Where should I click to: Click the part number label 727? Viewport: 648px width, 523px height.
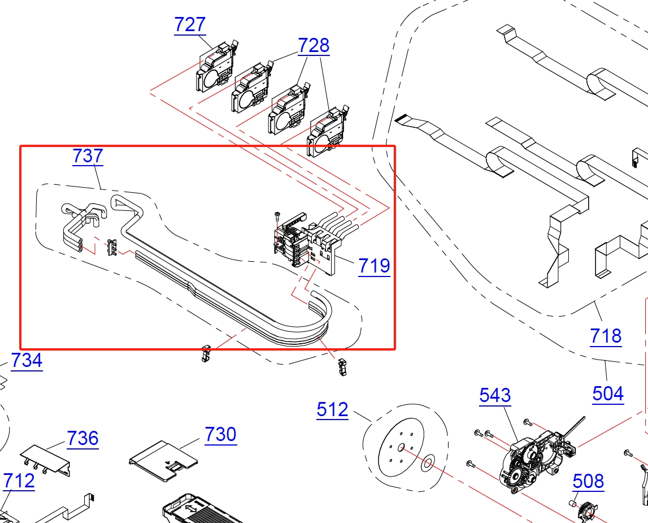point(190,25)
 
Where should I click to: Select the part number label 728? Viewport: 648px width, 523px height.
point(314,45)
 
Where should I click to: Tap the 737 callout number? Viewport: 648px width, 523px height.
point(88,156)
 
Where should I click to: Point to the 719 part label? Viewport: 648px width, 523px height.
point(374,266)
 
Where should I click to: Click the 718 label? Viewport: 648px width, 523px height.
point(606,336)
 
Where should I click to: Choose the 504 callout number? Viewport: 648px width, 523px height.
point(608,394)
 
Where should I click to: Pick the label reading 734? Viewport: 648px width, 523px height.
point(27,360)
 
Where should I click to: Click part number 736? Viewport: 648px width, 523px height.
point(82,438)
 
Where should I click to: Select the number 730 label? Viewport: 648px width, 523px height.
point(221,435)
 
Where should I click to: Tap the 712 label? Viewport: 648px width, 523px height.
point(19,481)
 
